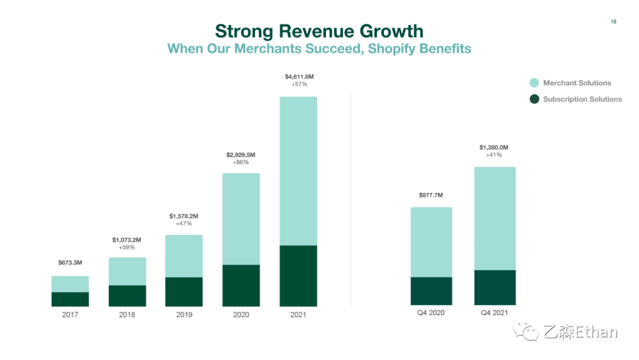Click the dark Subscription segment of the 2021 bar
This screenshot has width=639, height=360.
(x=298, y=275)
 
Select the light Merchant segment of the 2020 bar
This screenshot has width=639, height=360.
(x=241, y=218)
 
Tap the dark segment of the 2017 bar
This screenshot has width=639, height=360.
(x=70, y=299)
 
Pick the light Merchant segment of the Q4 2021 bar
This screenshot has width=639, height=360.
(x=495, y=218)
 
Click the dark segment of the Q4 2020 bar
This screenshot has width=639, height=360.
(x=431, y=291)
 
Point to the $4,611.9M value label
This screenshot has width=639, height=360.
(x=299, y=76)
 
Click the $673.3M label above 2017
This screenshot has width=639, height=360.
(x=70, y=262)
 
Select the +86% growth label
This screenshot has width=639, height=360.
(x=241, y=162)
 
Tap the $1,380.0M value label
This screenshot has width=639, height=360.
(x=494, y=147)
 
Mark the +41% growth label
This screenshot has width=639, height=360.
(x=494, y=155)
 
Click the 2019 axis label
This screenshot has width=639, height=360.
(x=184, y=314)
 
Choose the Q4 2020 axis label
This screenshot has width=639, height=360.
(x=431, y=313)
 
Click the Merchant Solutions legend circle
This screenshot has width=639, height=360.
(x=534, y=83)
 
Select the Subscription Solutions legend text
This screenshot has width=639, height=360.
(x=582, y=99)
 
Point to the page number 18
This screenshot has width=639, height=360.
(x=613, y=22)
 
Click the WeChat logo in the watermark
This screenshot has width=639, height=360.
(x=526, y=332)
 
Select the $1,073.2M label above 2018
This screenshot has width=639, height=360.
(x=127, y=240)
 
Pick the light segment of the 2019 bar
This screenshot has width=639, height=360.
(x=184, y=256)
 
